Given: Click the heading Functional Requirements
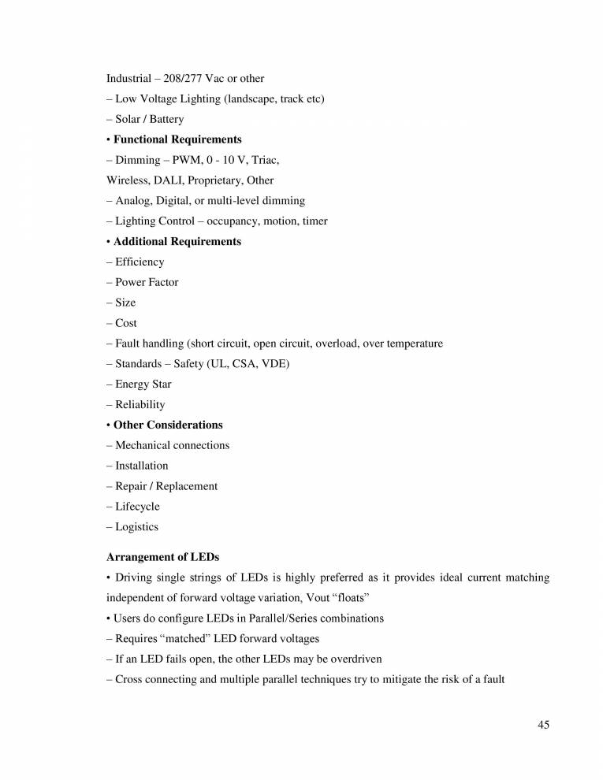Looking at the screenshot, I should (x=177, y=139).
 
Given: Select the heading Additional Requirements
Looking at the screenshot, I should (x=177, y=242).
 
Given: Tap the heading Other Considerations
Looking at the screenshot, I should (x=168, y=425).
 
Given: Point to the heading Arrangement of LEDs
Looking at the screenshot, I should (x=162, y=557).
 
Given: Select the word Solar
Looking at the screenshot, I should (x=129, y=120).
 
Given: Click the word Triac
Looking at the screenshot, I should (x=265, y=160).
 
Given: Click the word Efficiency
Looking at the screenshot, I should (x=140, y=262).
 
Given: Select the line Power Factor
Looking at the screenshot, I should (x=147, y=283).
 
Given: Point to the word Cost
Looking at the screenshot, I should (x=126, y=324).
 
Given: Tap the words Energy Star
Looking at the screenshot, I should (x=143, y=384).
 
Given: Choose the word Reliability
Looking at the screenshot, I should (x=140, y=405).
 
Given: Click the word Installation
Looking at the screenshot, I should (x=142, y=466).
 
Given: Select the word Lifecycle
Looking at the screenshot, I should (x=137, y=507).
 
